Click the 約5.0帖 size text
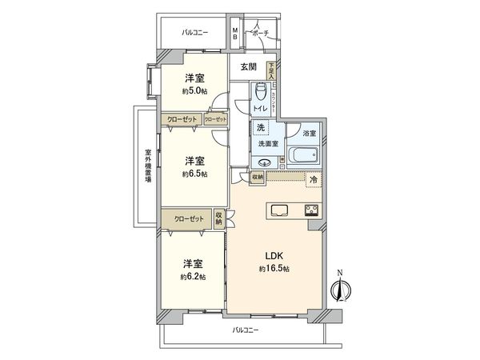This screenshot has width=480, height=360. click(194, 92)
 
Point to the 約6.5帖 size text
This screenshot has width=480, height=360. click(194, 174)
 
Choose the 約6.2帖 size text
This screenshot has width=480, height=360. click(193, 276)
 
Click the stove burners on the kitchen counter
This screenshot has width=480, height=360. click(310, 211)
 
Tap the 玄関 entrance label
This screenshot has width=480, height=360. click(247, 67)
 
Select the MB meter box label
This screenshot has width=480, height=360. click(235, 34)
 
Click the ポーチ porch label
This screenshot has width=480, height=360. click(261, 34)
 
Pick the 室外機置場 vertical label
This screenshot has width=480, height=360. click(148, 167)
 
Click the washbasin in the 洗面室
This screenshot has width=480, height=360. click(266, 162)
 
